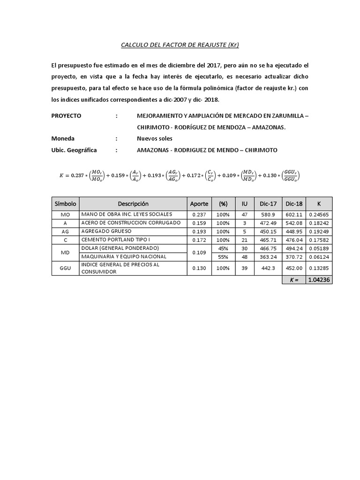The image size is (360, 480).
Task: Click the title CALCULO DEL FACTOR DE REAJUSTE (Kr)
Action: [x=180, y=45]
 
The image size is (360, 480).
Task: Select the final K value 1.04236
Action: [x=319, y=280]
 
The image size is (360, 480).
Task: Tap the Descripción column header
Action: [x=133, y=204]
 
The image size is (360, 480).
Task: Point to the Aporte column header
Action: [x=199, y=204]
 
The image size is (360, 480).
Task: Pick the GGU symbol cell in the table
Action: [x=65, y=268]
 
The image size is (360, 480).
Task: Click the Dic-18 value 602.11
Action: [x=293, y=215]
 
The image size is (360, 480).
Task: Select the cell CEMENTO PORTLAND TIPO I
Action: [x=116, y=240]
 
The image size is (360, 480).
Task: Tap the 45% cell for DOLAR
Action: [x=223, y=248]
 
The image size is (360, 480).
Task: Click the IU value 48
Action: [x=244, y=256]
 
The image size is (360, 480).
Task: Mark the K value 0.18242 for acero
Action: [x=319, y=223]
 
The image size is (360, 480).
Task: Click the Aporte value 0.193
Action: [x=199, y=232]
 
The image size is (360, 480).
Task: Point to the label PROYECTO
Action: [x=66, y=115]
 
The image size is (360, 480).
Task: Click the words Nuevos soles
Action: [x=154, y=139]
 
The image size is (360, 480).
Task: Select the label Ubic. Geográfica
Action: [x=74, y=150]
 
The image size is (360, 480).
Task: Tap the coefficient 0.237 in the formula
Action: [x=75, y=176]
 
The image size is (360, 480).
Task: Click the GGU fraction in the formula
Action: [x=291, y=176]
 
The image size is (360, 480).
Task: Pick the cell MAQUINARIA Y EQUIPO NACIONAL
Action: [x=124, y=256]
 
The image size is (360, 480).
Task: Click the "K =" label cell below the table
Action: [x=293, y=280]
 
